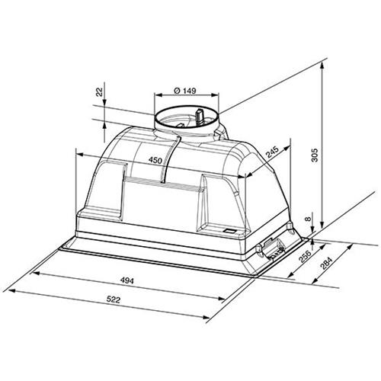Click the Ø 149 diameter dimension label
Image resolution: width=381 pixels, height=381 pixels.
click(x=185, y=91)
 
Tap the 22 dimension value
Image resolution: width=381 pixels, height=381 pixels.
click(x=100, y=91)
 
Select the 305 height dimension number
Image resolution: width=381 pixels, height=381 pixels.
click(x=315, y=155)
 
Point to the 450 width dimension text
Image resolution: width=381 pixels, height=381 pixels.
click(x=155, y=160)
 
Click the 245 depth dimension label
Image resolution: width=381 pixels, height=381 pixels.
click(x=273, y=152)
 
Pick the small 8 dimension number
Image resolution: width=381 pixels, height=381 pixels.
click(x=308, y=219)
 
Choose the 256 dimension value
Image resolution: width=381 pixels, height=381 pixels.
click(x=305, y=257)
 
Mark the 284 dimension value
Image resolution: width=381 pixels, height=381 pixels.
click(x=326, y=264)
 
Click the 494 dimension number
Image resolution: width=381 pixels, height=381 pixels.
click(x=127, y=280)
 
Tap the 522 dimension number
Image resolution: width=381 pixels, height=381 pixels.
click(x=113, y=300)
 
